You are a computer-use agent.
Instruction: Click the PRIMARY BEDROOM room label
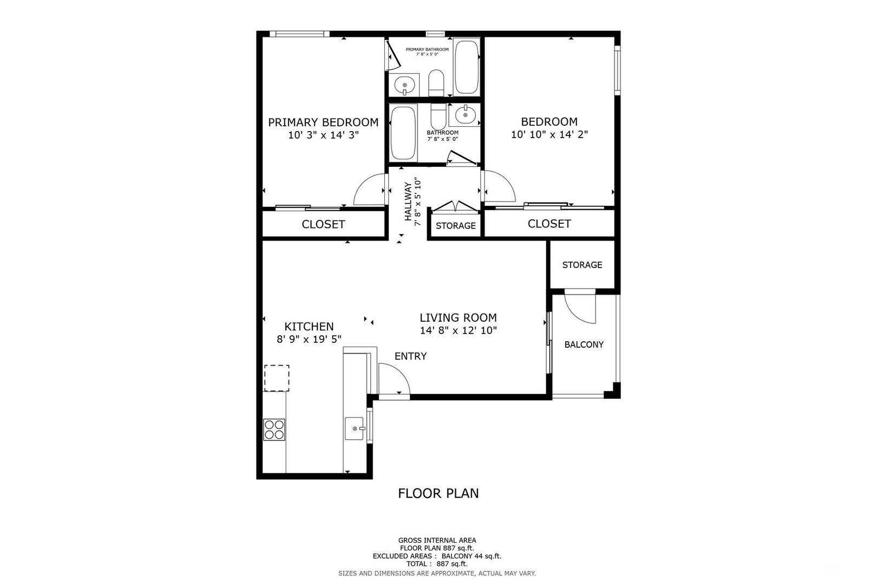pyautogui.click(x=323, y=122)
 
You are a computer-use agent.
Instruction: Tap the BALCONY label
pyautogui.click(x=584, y=344)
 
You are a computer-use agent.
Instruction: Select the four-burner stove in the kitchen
pyautogui.click(x=274, y=430)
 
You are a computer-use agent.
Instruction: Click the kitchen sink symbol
pyautogui.click(x=355, y=428)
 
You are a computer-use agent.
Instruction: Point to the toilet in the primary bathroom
pyautogui.click(x=436, y=83)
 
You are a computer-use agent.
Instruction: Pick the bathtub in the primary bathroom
pyautogui.click(x=466, y=67)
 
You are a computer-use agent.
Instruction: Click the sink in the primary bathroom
pyautogui.click(x=404, y=84)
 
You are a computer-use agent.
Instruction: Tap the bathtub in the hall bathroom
pyautogui.click(x=403, y=133)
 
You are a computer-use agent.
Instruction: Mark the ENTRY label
pyautogui.click(x=410, y=356)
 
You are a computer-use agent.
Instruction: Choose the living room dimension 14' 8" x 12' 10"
pyautogui.click(x=459, y=330)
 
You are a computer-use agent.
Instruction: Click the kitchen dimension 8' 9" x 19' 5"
pyautogui.click(x=309, y=339)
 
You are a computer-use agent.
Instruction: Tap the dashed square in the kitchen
pyautogui.click(x=277, y=378)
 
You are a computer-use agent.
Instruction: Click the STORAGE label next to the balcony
pyautogui.click(x=582, y=265)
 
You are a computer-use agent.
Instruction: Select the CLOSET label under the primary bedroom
pyautogui.click(x=323, y=224)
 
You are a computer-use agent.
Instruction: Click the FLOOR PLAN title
pyautogui.click(x=439, y=493)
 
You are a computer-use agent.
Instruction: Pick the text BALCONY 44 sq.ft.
pyautogui.click(x=472, y=556)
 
